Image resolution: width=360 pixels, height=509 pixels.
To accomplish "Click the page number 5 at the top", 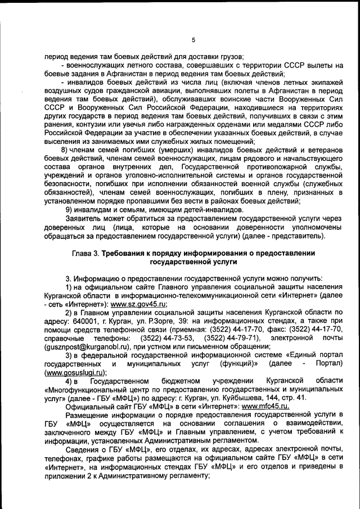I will coord(193,40).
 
